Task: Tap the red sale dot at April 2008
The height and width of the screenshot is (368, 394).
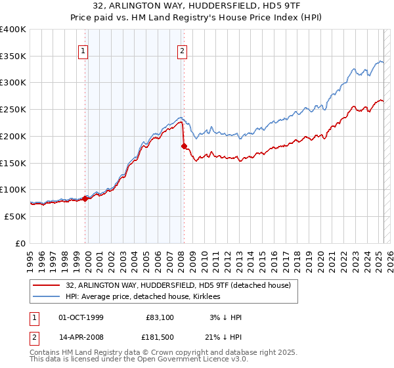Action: point(184,146)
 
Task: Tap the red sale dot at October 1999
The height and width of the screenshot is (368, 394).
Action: point(85,198)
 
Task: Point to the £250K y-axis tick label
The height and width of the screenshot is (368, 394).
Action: point(12,109)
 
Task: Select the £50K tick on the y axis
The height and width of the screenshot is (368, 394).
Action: point(14,216)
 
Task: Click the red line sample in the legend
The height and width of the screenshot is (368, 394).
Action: point(46,285)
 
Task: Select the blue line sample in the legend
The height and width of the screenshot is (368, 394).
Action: point(46,296)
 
